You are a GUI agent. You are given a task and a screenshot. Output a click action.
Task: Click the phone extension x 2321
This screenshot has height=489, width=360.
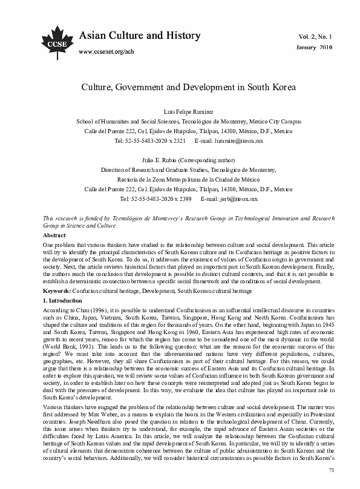[x=174, y=140]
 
